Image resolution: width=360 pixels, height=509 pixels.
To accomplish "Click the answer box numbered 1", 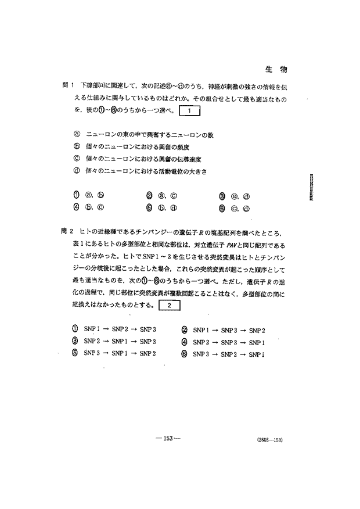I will tap(190, 110).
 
